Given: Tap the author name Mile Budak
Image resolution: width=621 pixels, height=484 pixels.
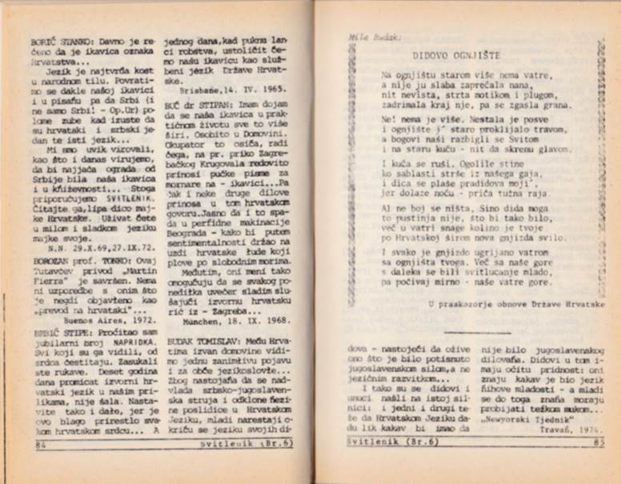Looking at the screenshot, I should coord(369,36).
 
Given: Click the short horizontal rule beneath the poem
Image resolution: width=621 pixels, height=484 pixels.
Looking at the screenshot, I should coord(466,331).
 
